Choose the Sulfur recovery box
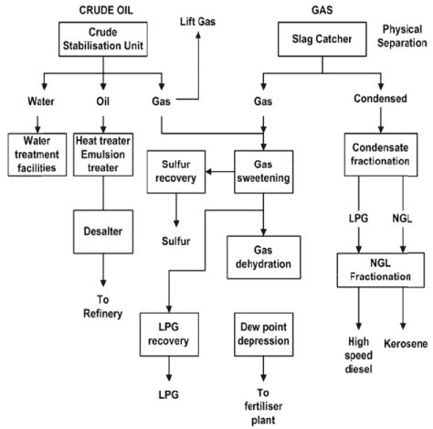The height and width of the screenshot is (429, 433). coord(173,170)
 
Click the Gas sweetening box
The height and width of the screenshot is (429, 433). coord(261,170)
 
